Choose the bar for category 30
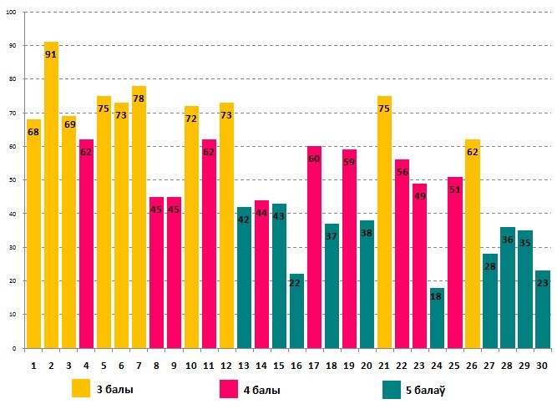point(542,309)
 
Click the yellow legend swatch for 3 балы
point(81,389)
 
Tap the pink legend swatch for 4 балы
point(229,389)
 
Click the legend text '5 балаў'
point(431,389)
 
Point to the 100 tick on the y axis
point(12,12)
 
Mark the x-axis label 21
point(384,364)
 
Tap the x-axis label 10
point(191,364)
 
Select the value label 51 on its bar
point(454,189)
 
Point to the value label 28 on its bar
point(489,266)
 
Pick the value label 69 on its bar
point(68,124)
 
